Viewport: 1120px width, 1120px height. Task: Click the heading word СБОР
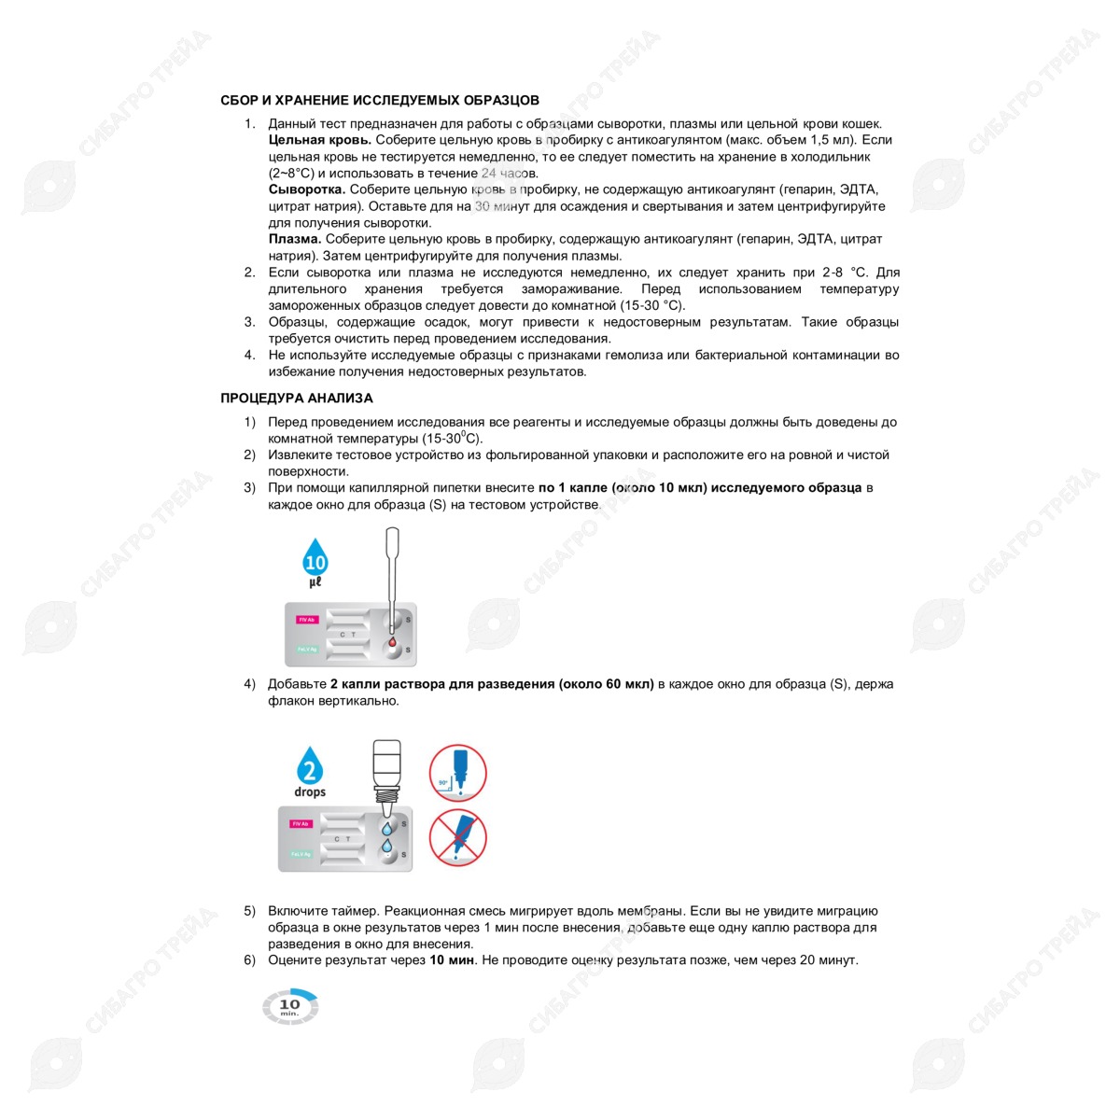point(239,101)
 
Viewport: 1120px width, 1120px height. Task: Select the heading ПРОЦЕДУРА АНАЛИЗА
point(297,399)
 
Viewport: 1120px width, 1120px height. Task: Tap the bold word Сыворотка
point(307,189)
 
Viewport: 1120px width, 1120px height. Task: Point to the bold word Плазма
point(295,239)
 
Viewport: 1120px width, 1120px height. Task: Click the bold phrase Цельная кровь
point(320,140)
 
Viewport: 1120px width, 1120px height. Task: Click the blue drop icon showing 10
point(315,557)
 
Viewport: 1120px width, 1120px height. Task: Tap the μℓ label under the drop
point(315,581)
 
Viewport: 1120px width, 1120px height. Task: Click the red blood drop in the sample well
point(392,641)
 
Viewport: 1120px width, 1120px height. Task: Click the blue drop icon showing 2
point(310,765)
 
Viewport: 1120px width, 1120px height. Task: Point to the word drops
point(310,792)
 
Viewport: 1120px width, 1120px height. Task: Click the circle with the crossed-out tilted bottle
point(458,837)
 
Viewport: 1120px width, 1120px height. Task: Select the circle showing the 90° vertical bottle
point(458,773)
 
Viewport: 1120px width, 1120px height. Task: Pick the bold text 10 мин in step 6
point(452,960)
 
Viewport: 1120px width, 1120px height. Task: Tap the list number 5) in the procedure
point(249,911)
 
